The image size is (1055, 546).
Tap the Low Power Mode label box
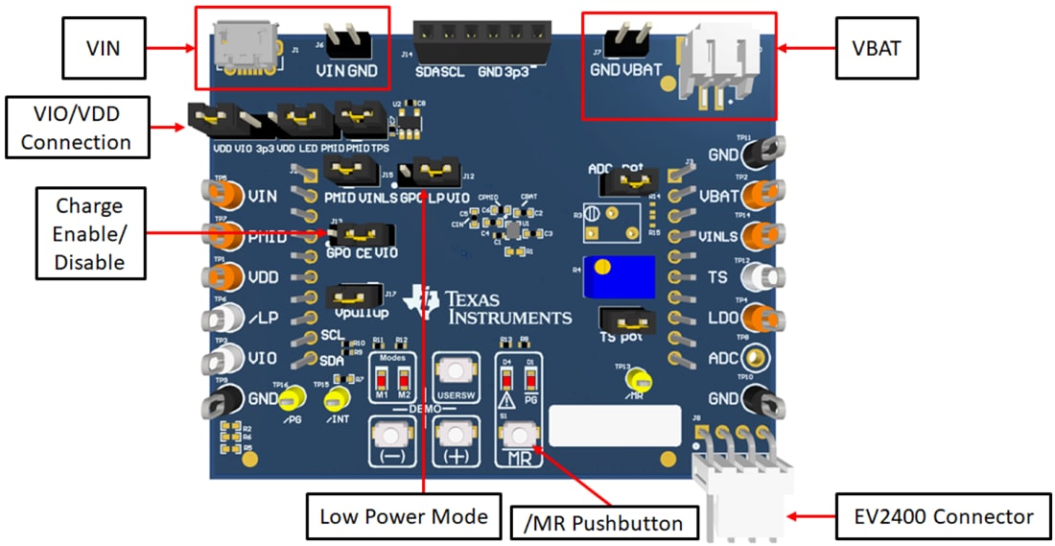404,517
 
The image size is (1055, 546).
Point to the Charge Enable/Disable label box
90,233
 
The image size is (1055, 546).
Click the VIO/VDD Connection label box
77,127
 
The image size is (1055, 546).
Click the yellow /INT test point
337,399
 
